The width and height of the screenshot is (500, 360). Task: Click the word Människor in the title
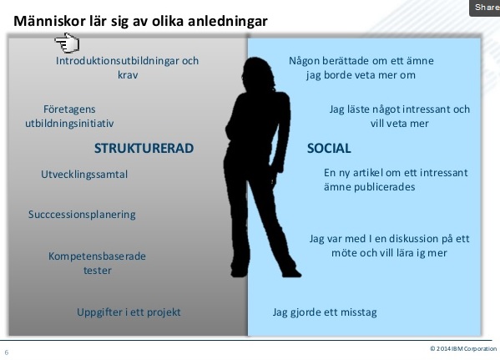[49, 21]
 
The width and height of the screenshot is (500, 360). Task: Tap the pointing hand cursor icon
[67, 43]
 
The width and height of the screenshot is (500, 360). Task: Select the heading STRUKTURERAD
[144, 148]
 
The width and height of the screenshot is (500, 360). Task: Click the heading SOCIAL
[329, 148]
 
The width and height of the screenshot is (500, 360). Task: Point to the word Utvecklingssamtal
[84, 175]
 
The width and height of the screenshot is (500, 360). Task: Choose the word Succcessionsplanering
[82, 215]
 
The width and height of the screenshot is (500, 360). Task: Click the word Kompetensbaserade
[97, 256]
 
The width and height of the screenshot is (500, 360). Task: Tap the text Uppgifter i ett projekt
[129, 312]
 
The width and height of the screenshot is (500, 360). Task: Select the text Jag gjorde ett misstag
[325, 312]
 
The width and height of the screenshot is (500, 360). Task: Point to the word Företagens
[69, 109]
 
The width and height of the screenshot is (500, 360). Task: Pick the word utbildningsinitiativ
[69, 124]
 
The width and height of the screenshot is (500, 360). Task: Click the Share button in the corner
[485, 8]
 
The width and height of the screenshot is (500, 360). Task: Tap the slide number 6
[7, 352]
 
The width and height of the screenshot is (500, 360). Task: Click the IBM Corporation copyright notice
[463, 348]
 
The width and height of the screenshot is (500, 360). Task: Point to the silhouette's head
[259, 73]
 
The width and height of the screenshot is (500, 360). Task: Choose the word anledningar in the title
[227, 22]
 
